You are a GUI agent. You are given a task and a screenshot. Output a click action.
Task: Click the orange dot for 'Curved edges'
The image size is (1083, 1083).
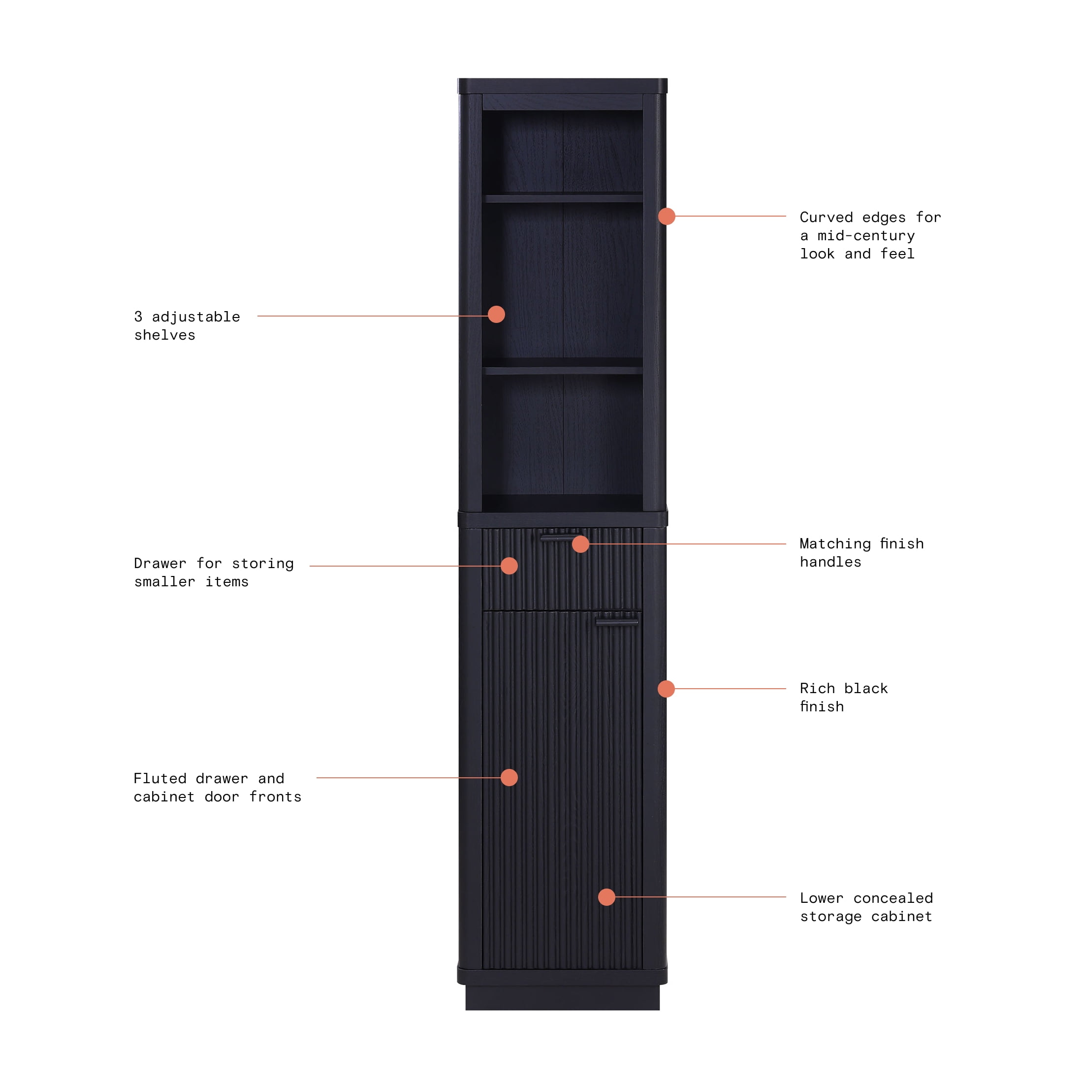click(x=667, y=216)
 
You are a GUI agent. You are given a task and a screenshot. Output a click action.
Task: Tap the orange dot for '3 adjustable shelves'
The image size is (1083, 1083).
click(x=496, y=315)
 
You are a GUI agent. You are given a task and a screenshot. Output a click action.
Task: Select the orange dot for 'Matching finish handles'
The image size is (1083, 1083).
click(x=580, y=544)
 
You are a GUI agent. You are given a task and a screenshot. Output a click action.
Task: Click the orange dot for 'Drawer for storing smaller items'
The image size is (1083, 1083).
click(x=509, y=566)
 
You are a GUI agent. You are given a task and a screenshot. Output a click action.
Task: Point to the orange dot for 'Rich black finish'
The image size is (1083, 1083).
click(x=666, y=689)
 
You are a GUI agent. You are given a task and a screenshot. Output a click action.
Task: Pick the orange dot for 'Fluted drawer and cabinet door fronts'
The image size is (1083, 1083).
click(x=509, y=777)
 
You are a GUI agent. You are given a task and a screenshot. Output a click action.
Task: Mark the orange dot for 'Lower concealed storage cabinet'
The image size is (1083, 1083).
click(x=606, y=897)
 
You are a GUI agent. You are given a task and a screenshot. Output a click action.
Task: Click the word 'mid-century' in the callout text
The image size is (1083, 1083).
click(x=865, y=235)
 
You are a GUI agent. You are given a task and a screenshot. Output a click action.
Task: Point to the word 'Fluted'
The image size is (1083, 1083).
click(x=160, y=778)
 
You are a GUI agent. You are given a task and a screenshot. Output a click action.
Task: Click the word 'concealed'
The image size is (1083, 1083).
click(x=893, y=898)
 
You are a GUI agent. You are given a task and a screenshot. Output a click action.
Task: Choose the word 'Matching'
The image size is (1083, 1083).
click(x=835, y=544)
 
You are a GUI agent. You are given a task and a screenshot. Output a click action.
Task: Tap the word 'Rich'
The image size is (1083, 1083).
click(x=817, y=688)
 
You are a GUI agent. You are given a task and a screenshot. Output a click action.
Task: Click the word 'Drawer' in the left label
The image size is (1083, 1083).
click(x=160, y=563)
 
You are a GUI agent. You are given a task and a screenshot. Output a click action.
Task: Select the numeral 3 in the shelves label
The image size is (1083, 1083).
click(x=138, y=317)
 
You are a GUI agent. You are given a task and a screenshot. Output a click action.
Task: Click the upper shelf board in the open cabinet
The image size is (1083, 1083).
click(x=563, y=198)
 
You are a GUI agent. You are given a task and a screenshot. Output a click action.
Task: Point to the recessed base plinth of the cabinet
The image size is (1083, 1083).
click(x=562, y=998)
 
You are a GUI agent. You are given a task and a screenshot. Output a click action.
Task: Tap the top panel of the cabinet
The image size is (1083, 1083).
click(x=562, y=86)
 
